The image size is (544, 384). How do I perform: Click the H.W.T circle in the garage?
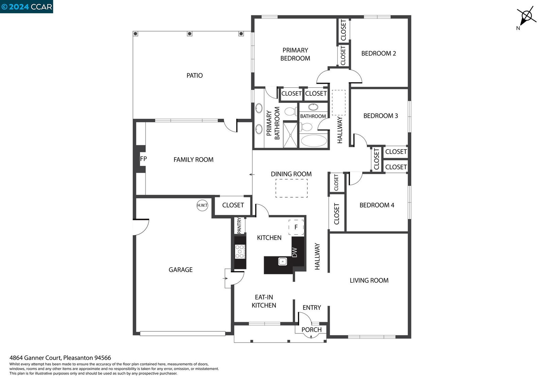click(202, 205)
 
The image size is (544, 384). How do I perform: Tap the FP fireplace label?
click(143, 159)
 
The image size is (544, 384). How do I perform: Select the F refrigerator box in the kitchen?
click(296, 227)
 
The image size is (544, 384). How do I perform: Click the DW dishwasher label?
click(294, 252)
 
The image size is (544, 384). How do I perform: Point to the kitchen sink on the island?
click(283, 261)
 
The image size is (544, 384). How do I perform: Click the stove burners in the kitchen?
click(240, 252)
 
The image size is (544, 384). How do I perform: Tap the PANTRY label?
click(239, 225)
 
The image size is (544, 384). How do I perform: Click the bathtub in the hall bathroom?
click(314, 141)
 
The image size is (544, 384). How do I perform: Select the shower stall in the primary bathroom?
click(290, 135)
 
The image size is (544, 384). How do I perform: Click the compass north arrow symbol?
click(527, 16)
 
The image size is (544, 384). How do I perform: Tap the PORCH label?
click(311, 330)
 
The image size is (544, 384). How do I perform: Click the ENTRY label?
click(312, 308)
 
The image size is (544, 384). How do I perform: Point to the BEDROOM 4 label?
click(377, 205)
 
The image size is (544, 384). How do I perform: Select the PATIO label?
click(194, 75)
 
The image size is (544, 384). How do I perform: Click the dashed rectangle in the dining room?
click(291, 188)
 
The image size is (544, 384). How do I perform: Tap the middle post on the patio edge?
click(189, 34)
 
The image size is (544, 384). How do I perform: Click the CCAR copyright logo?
click(27, 6)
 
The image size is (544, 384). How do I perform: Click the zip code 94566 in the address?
click(102, 358)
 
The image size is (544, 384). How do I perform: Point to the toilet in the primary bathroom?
click(290, 111)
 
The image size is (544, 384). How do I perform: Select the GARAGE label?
click(181, 270)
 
